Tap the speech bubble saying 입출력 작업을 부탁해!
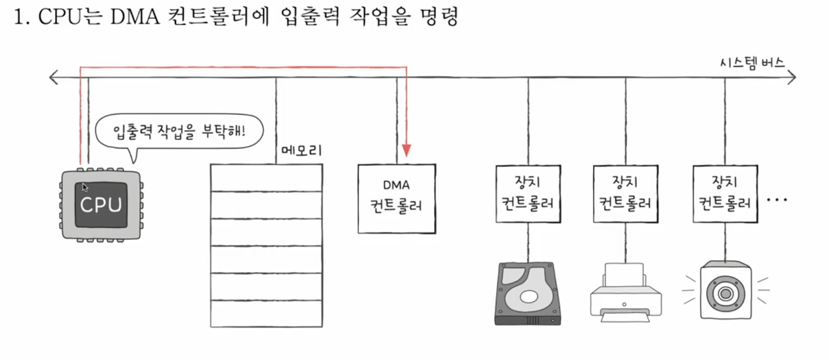(180, 132)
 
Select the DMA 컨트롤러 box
(396, 198)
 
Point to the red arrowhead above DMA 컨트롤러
(406, 151)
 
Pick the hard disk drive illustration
(528, 293)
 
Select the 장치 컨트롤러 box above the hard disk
(528, 194)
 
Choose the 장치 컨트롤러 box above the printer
(625, 194)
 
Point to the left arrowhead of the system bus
(54, 77)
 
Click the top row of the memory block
(266, 178)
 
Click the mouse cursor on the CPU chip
(85, 187)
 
